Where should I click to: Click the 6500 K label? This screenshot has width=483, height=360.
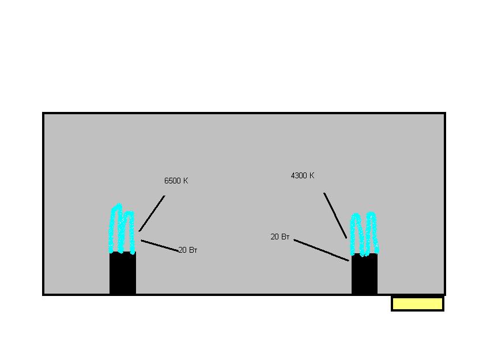(176, 181)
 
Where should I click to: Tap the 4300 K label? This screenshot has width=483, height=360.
(303, 176)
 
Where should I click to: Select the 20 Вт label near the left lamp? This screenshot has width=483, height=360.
(188, 250)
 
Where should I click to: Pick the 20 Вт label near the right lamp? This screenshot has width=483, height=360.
(280, 237)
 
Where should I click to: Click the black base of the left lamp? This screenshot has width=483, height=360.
(123, 273)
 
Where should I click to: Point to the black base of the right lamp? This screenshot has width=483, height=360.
(364, 273)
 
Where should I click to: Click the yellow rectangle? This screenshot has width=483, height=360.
(417, 303)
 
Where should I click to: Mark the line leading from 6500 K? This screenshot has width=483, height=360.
(152, 213)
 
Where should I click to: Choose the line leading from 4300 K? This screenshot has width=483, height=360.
(335, 215)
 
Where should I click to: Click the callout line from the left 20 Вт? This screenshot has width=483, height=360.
(160, 245)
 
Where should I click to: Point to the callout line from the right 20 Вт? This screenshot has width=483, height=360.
(321, 250)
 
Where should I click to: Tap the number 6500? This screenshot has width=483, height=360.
(172, 181)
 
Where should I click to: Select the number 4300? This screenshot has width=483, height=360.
(299, 176)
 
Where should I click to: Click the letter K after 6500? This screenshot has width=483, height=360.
(186, 181)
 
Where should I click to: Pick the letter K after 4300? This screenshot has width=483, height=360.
(312, 176)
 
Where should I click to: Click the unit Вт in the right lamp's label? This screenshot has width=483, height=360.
(285, 237)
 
